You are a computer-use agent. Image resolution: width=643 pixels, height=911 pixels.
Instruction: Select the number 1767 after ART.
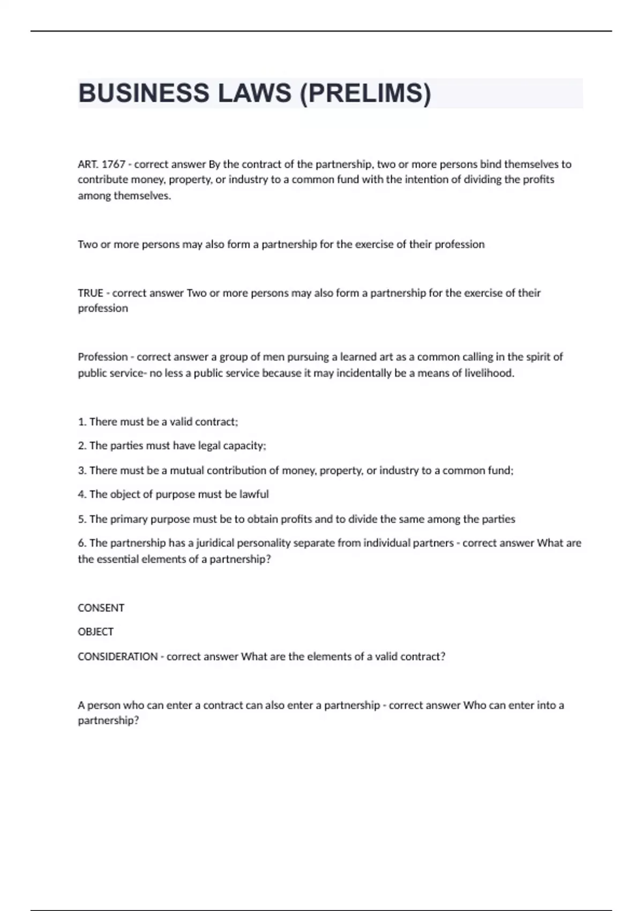pyautogui.click(x=113, y=164)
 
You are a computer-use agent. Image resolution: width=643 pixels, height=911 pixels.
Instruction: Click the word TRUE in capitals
pyautogui.click(x=91, y=293)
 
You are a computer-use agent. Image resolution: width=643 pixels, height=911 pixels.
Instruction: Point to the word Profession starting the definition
pyautogui.click(x=103, y=357)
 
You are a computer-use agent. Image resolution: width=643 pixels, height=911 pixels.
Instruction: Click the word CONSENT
pyautogui.click(x=101, y=608)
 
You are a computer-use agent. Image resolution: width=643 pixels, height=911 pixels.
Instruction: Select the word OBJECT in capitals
pyautogui.click(x=95, y=632)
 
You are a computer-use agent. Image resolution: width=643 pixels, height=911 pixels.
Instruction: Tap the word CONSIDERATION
pyautogui.click(x=117, y=656)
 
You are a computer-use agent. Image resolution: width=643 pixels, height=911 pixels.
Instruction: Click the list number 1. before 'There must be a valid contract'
pyautogui.click(x=82, y=422)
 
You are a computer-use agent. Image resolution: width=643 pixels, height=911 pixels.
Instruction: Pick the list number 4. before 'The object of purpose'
pyautogui.click(x=82, y=494)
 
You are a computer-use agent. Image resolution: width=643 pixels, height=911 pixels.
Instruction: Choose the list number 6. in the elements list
pyautogui.click(x=82, y=543)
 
